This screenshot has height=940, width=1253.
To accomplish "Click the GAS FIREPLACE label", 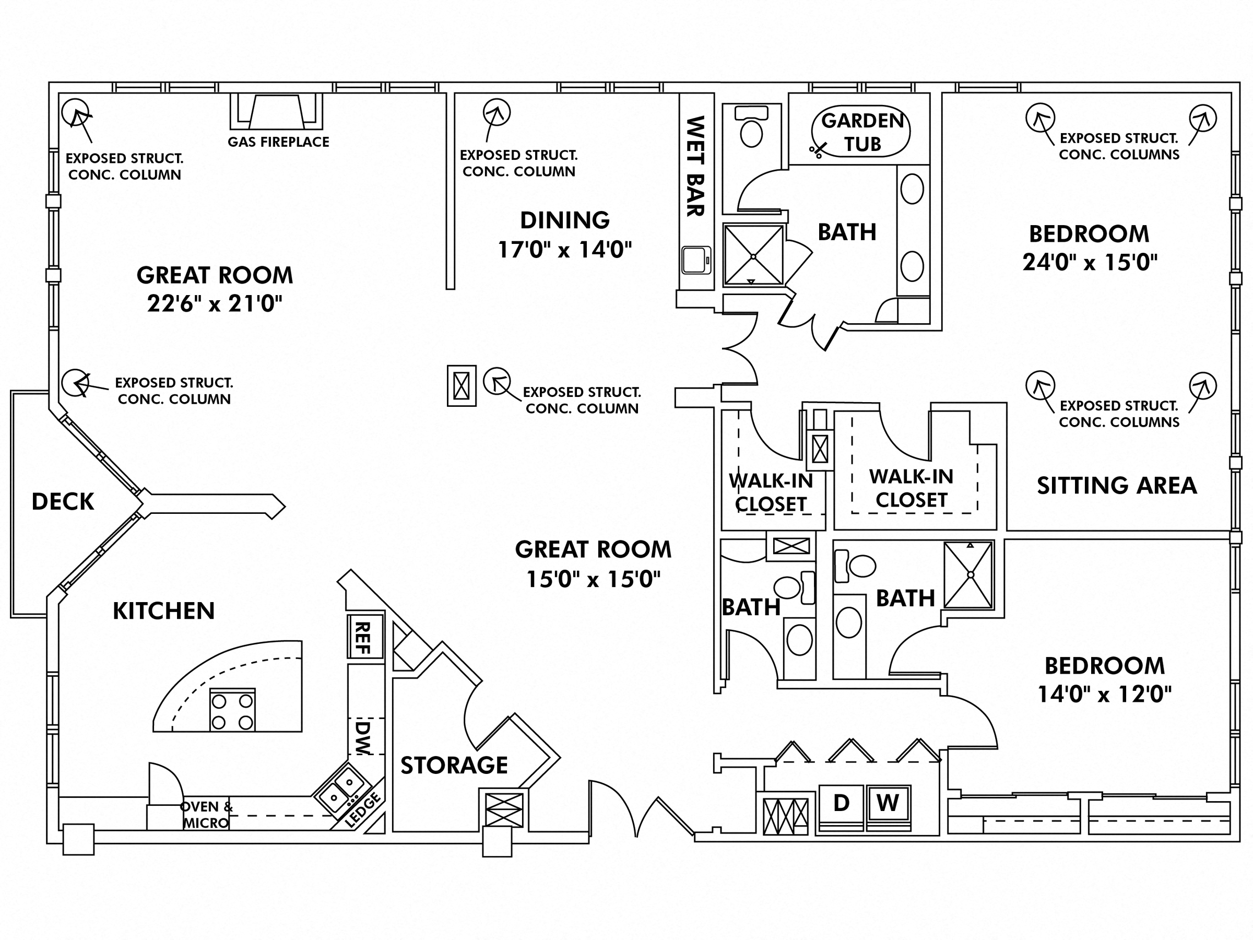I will [x=278, y=142].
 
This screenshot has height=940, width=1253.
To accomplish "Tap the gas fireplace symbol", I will [x=276, y=112].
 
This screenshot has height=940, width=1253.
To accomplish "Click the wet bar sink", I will [x=695, y=260].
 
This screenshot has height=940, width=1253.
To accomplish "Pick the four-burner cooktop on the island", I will [x=232, y=711].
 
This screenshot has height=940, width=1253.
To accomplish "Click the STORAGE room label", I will [x=454, y=766].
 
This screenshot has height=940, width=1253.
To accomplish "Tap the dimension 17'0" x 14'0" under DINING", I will [x=564, y=250].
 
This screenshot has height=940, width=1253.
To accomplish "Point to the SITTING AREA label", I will [x=1117, y=486].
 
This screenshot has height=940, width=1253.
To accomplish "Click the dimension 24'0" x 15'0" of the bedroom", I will [x=1089, y=262].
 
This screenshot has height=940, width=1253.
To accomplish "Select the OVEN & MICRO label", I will [x=206, y=815].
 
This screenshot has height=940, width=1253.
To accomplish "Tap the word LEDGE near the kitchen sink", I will [x=363, y=810].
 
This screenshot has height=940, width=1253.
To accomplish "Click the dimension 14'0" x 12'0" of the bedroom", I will [x=1104, y=694].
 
